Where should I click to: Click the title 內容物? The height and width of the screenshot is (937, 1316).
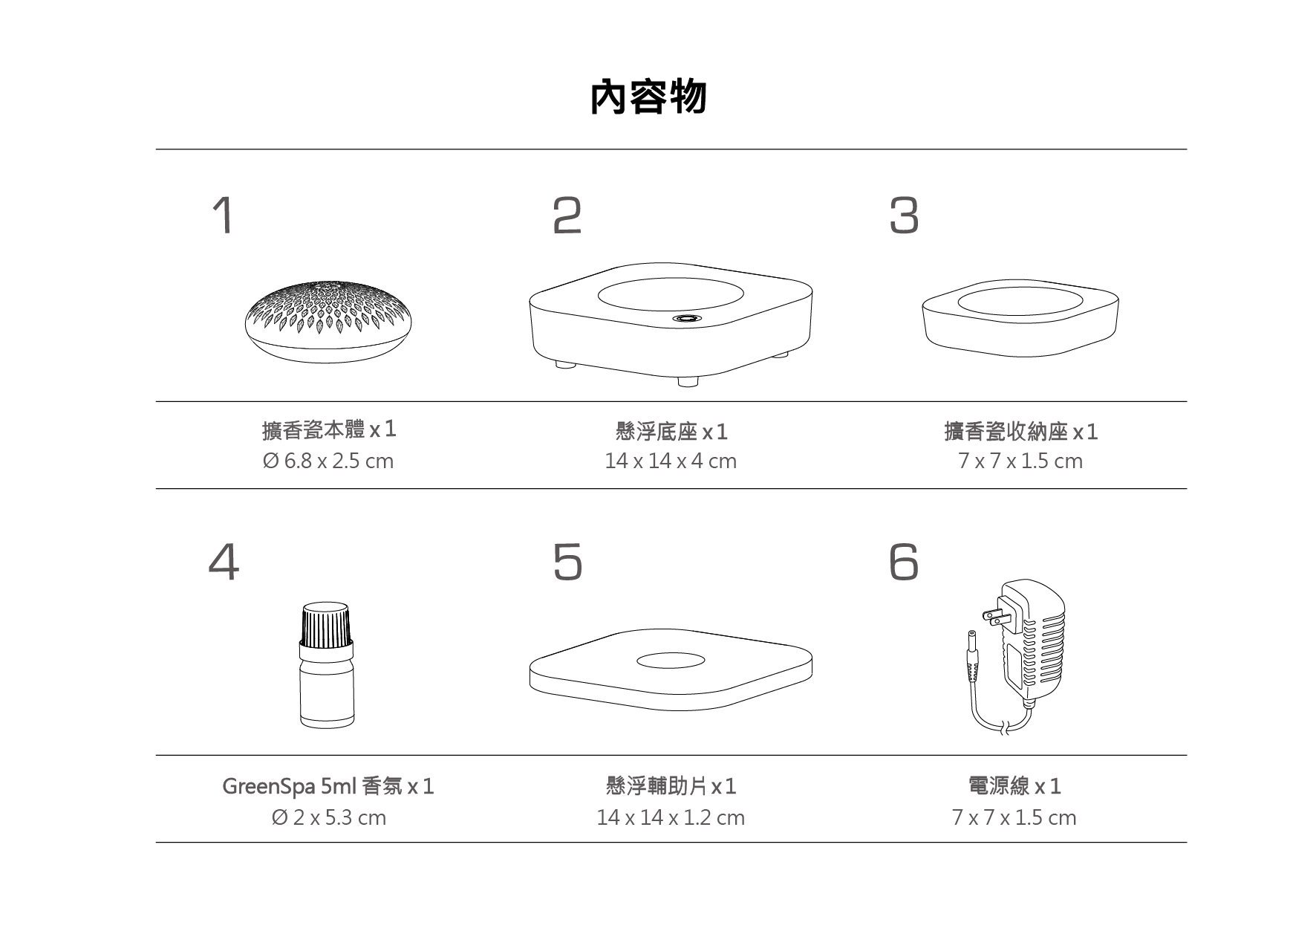(x=648, y=97)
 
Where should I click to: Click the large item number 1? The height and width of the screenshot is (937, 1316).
(x=223, y=216)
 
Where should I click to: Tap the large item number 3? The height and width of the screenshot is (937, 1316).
(x=904, y=216)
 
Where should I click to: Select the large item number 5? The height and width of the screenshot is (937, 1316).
(x=567, y=562)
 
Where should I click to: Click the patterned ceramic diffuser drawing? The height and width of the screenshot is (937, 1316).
(x=328, y=321)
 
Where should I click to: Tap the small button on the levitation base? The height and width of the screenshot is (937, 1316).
(x=684, y=318)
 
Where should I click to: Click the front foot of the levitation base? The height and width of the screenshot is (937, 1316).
(x=688, y=381)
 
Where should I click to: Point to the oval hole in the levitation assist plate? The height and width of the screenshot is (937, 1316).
(x=670, y=661)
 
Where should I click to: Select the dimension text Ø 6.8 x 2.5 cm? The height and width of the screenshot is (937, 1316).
(x=328, y=461)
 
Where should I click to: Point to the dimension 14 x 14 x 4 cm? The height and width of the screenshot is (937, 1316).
(x=671, y=461)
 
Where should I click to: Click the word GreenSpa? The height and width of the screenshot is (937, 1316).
(x=269, y=786)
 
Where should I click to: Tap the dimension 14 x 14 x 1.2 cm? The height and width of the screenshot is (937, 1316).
(x=671, y=818)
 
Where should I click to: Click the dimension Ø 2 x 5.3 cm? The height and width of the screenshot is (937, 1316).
(x=328, y=818)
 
